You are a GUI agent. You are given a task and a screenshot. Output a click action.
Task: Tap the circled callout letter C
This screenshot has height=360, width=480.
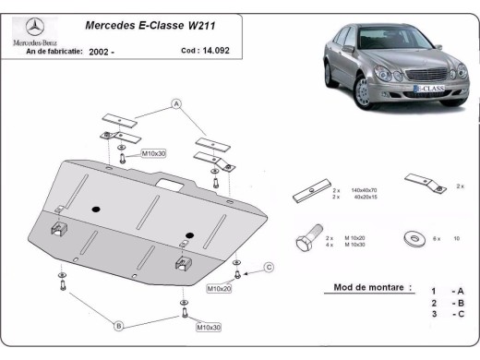pyautogui.click(x=270, y=268)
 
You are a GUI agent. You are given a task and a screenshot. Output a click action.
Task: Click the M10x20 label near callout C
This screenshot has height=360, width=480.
pyautogui.click(x=219, y=289)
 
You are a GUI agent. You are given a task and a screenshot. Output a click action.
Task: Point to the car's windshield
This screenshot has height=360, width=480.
pyautogui.click(x=368, y=42)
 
